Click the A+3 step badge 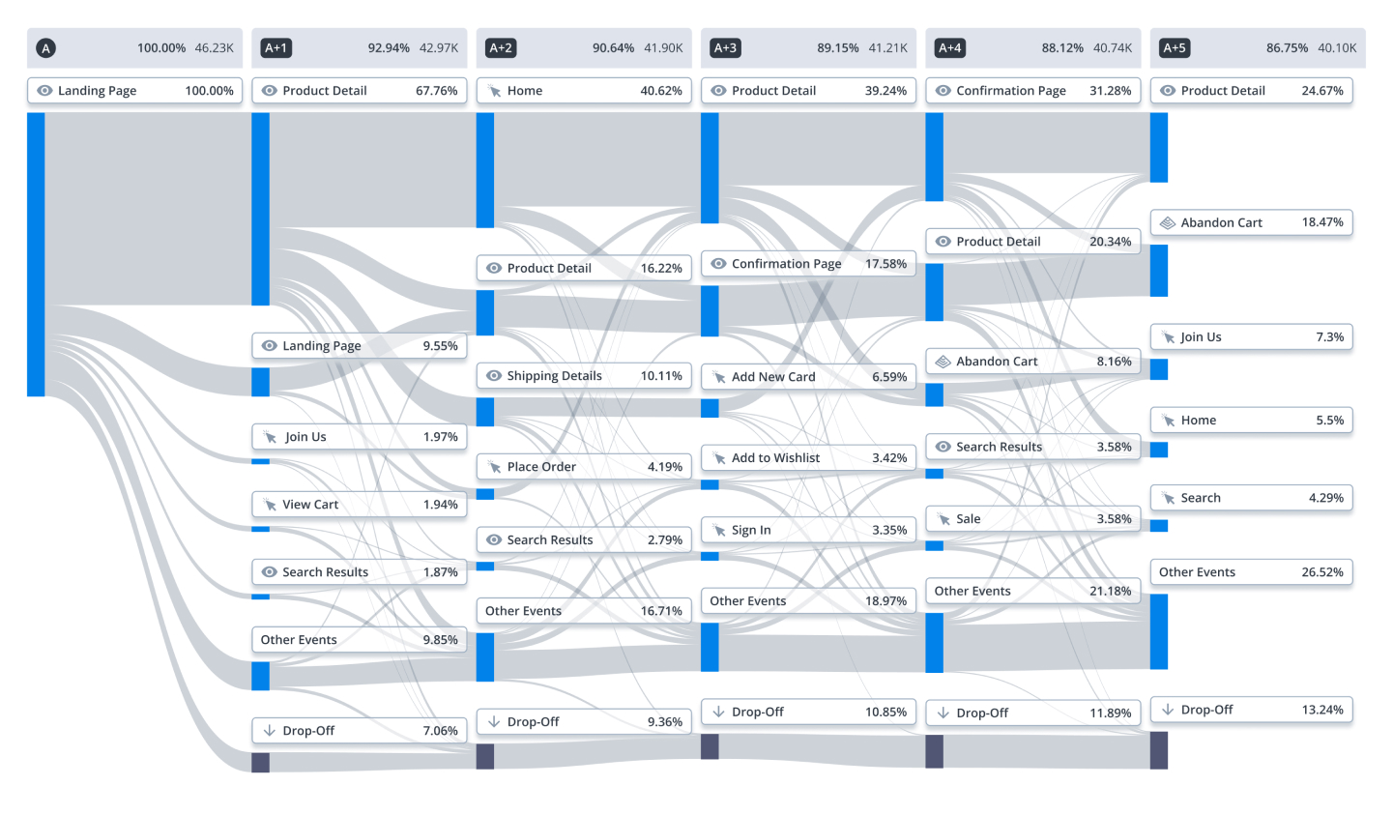tap(725, 48)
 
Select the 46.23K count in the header tap(214, 48)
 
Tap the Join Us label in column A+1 tap(305, 437)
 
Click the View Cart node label tap(310, 505)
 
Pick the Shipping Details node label tap(554, 376)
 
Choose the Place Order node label tap(541, 467)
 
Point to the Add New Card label tap(773, 377)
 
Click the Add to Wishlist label tap(775, 458)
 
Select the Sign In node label tap(750, 530)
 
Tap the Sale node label tap(968, 519)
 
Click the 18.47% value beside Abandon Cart tap(1322, 222)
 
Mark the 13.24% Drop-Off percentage tap(1322, 710)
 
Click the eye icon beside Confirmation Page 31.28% tap(943, 91)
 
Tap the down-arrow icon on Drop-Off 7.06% tap(270, 730)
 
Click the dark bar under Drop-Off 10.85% tap(710, 746)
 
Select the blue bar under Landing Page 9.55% tap(261, 382)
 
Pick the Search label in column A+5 tap(1201, 498)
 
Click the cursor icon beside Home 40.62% tap(494, 92)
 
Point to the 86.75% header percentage tap(1287, 48)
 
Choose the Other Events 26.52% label tap(1251, 572)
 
